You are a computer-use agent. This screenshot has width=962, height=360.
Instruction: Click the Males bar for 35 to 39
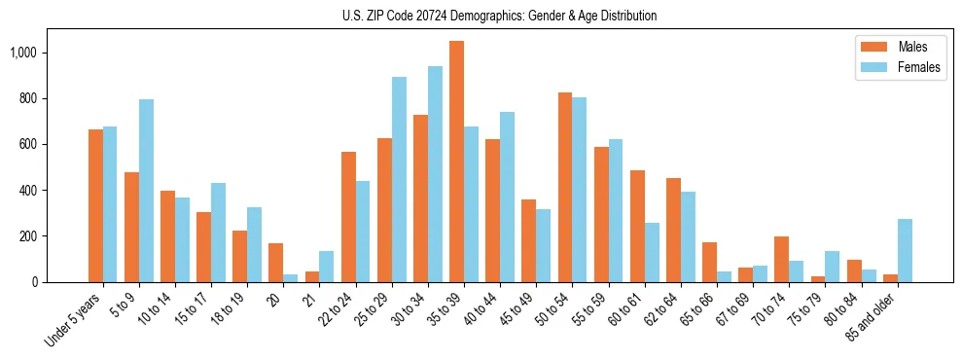click(456, 162)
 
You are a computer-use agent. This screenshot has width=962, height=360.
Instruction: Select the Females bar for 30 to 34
click(435, 174)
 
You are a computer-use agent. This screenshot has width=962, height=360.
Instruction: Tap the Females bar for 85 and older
click(905, 250)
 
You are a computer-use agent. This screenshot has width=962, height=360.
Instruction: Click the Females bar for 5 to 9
click(146, 191)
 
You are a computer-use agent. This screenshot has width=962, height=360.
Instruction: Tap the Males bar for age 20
click(276, 263)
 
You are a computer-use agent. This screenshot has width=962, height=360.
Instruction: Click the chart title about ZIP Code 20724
click(499, 16)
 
